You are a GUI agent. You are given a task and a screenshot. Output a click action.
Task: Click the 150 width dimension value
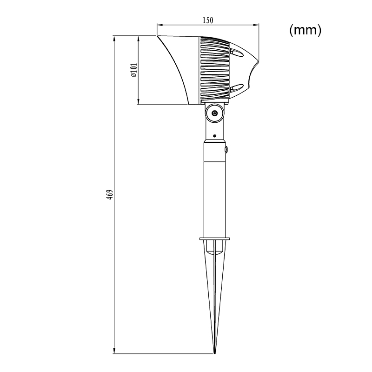pyautogui.click(x=208, y=20)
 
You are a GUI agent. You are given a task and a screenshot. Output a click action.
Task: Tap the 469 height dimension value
pyautogui.click(x=110, y=194)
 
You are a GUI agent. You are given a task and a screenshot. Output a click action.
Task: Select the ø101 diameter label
pyautogui.click(x=134, y=70)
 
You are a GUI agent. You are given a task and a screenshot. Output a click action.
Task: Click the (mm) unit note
pyautogui.click(x=306, y=30)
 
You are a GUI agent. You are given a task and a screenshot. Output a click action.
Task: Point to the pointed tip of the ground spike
pyautogui.click(x=215, y=353)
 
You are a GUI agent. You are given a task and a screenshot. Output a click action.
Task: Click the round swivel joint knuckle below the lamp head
pyautogui.click(x=215, y=113)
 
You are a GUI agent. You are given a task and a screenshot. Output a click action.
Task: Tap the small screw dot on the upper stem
pyautogui.click(x=215, y=136)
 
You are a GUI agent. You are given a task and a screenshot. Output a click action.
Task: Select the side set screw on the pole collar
pyautogui.click(x=227, y=149)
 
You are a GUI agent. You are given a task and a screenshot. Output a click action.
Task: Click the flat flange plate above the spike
pyautogui.click(x=214, y=238)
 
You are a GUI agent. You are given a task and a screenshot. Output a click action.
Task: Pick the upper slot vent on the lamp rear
pyautogui.click(x=237, y=53)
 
